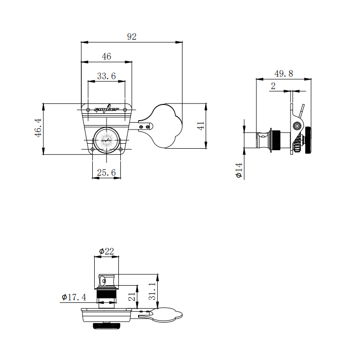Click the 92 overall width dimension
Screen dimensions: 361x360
(x=132, y=37)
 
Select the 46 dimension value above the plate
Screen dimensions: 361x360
(x=107, y=57)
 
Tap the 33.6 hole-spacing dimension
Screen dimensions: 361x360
(x=106, y=76)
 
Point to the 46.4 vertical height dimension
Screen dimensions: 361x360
(x=38, y=128)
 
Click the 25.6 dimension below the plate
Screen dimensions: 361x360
(x=106, y=172)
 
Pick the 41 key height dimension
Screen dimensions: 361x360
(x=201, y=126)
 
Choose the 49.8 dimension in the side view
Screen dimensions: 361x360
(x=284, y=73)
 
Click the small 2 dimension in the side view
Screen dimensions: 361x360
(x=273, y=86)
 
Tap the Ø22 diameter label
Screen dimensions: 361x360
(x=106, y=251)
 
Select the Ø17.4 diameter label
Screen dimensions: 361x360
(x=74, y=297)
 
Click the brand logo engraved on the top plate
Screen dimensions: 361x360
(x=107, y=109)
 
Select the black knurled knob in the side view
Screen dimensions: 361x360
(x=308, y=140)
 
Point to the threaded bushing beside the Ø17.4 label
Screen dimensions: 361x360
(x=106, y=297)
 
